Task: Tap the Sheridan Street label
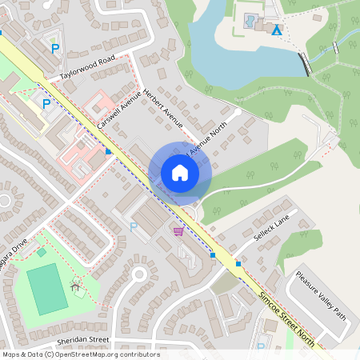[x=77, y=340]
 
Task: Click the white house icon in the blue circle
[x=180, y=173]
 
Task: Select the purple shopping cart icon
[x=178, y=231]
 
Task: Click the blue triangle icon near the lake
[x=277, y=30]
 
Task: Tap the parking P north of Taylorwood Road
[x=55, y=50]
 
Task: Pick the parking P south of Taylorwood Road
[x=46, y=103]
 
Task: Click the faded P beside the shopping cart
[x=133, y=226]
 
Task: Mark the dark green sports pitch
[x=47, y=289]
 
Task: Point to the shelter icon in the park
[x=76, y=283]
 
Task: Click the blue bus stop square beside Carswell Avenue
[x=109, y=150]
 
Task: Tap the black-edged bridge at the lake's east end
[x=304, y=64]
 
